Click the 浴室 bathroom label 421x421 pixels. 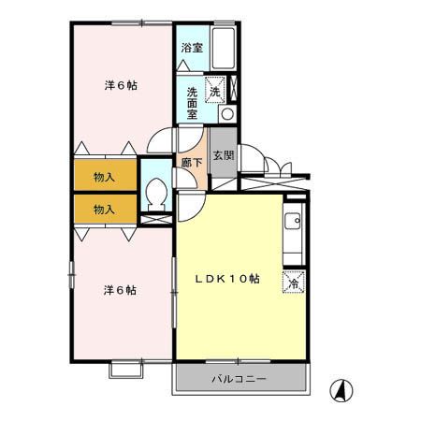[192, 48]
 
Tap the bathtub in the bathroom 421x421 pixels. [223, 48]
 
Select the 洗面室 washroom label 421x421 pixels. [192, 103]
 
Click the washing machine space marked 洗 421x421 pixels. [215, 90]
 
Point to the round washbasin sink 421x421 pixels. [227, 114]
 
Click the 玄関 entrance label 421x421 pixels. [224, 155]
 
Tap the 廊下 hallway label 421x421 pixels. [192, 162]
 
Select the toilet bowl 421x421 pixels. [156, 195]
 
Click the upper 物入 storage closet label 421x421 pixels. [104, 177]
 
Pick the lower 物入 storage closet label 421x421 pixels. [104, 210]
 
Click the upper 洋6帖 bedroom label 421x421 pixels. [121, 85]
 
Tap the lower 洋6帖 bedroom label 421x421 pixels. [120, 290]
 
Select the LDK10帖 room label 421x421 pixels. [227, 279]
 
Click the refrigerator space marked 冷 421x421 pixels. [294, 283]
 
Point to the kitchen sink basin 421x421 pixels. [293, 222]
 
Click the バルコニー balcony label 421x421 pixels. [240, 379]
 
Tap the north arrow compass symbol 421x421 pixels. [341, 390]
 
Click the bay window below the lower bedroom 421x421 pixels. [126, 370]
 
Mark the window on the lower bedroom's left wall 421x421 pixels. [71, 275]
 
